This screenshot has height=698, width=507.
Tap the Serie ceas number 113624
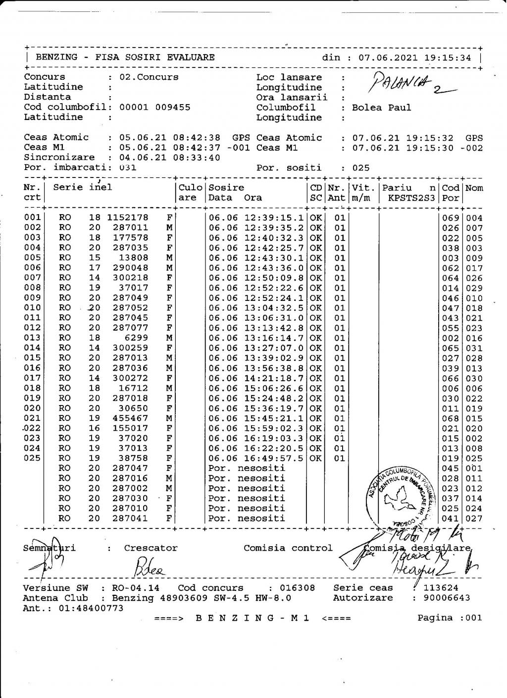[x=441, y=588]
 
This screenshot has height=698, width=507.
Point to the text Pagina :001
[x=449, y=618]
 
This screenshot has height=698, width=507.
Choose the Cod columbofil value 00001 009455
[x=155, y=108]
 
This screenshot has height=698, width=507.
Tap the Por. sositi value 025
[x=361, y=168]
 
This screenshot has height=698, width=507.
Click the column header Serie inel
[x=83, y=187]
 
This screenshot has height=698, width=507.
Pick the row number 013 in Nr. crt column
[x=32, y=338]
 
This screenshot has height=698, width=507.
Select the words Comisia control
[x=288, y=548]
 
